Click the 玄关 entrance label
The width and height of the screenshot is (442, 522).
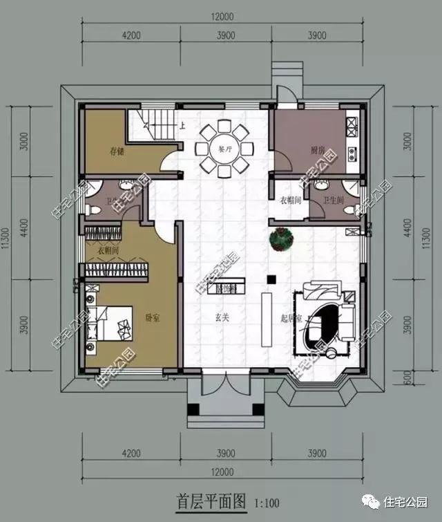221,318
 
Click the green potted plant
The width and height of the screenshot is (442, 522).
282,239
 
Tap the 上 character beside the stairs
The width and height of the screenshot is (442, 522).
182,126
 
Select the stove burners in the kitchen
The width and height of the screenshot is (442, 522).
351,126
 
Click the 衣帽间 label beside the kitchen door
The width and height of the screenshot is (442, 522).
289,200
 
